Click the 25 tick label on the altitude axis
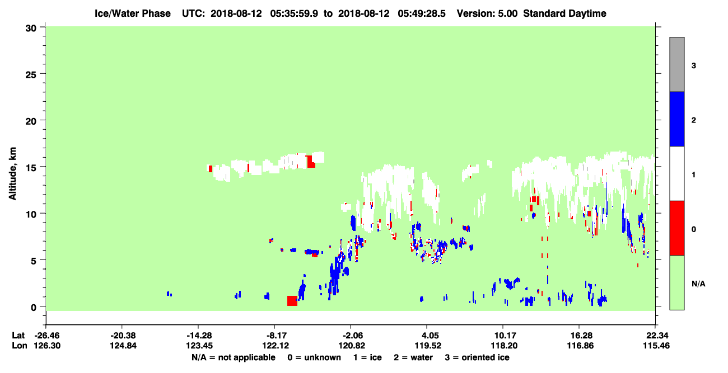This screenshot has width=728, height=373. point(31,74)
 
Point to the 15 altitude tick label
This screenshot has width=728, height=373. point(31,168)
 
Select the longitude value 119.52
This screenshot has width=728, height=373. point(428,346)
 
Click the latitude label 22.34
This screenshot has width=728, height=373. point(656,336)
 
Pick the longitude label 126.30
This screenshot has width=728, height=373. point(47,346)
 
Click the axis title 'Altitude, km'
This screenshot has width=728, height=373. point(12,174)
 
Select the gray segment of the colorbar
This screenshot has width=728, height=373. point(676,64)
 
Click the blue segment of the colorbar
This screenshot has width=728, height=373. point(676,119)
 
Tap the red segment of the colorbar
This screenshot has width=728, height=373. point(676,228)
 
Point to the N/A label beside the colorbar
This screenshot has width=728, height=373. point(698,284)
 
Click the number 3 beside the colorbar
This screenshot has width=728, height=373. point(694,66)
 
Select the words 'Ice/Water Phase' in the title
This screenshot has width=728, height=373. point(133,13)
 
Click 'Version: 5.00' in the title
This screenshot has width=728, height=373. point(487,13)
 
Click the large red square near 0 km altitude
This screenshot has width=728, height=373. point(292,301)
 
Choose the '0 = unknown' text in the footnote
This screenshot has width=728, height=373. point(314,358)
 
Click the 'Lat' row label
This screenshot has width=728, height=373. point(18,336)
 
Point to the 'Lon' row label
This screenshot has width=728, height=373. point(20,346)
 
